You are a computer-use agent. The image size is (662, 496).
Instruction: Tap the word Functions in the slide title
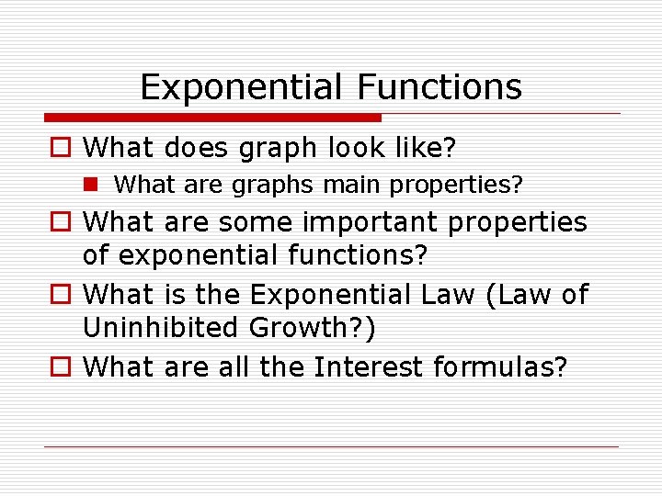(440, 87)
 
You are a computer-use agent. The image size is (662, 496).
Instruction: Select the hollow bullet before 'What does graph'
(61, 147)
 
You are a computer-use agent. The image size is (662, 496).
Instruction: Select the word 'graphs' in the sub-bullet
(273, 185)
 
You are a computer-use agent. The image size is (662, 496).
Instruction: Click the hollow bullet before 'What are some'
(61, 222)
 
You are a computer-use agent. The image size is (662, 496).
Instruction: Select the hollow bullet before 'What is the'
(61, 296)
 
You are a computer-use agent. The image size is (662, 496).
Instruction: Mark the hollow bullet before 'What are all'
(61, 367)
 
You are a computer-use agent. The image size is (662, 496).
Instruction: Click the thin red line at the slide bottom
(331, 447)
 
